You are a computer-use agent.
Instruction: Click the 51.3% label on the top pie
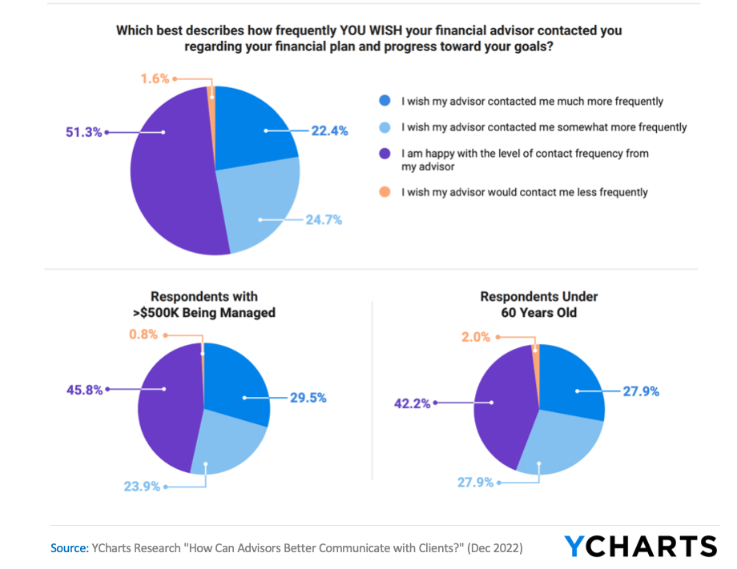84,132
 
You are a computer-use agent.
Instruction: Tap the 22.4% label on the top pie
328,131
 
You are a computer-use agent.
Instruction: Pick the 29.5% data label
307,397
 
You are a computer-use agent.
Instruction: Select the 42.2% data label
413,403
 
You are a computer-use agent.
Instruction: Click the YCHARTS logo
640,547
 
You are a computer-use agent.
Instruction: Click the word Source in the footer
69,548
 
